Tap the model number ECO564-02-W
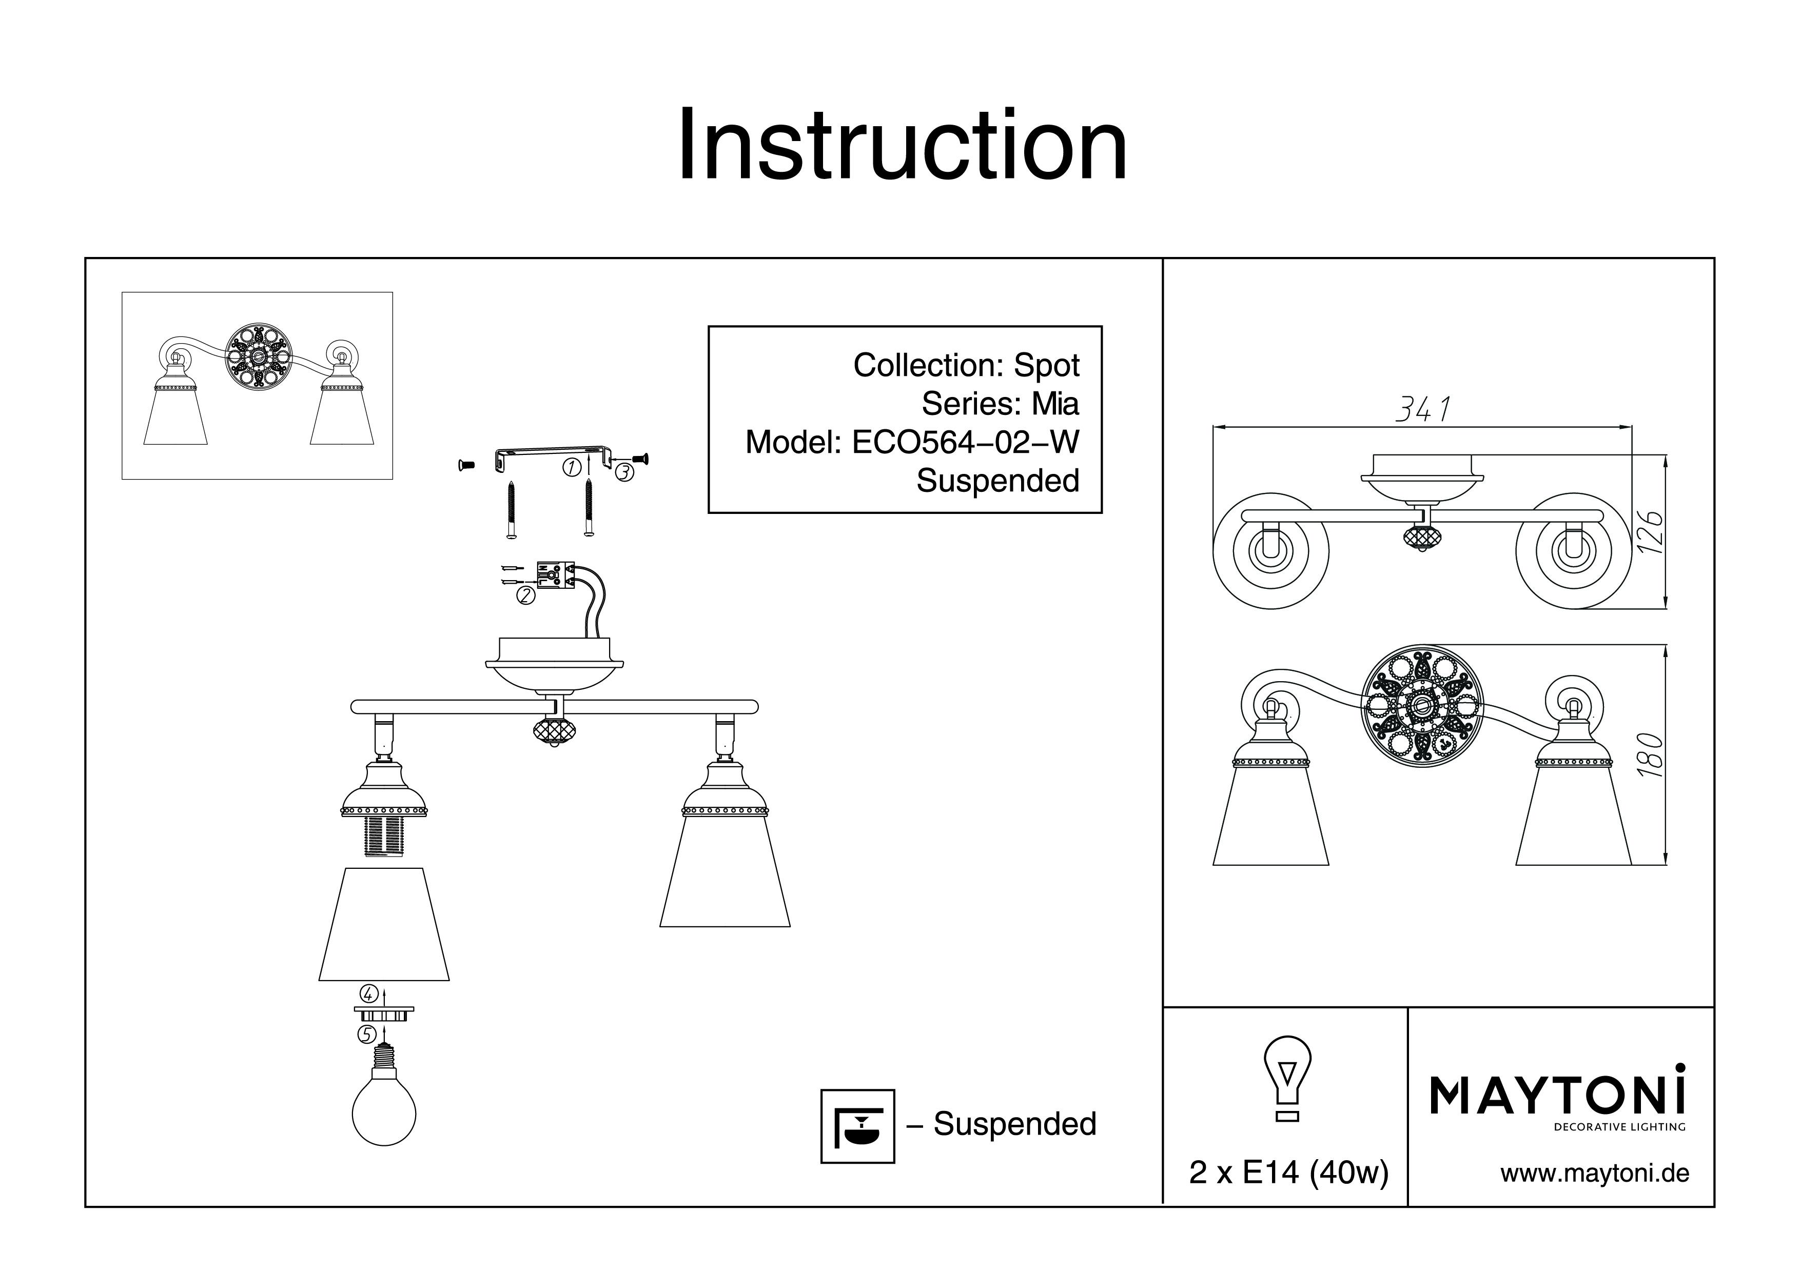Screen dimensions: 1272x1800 point(965,443)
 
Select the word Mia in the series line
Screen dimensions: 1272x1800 point(1055,404)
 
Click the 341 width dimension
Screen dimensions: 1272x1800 point(1423,409)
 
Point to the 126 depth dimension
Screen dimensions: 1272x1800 point(1650,533)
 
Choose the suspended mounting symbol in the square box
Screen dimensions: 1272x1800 point(857,1126)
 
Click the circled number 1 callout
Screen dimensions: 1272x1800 point(572,468)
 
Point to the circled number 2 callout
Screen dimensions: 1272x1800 point(525,595)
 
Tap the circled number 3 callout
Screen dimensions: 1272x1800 point(624,472)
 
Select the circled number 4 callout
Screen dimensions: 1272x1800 point(369,995)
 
